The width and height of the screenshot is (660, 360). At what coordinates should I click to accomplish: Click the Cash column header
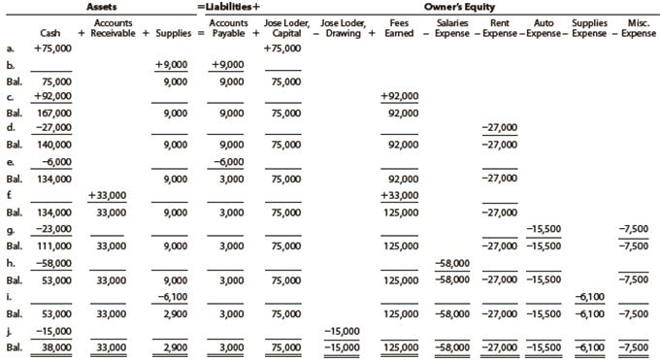click(49, 33)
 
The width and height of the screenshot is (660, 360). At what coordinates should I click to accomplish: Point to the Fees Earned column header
click(398, 27)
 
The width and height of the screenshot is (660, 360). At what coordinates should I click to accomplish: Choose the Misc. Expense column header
click(637, 27)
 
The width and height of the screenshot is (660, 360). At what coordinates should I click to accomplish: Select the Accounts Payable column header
click(229, 27)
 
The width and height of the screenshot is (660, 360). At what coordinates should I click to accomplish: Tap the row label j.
click(10, 330)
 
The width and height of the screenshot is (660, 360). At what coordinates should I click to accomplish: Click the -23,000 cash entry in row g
click(49, 228)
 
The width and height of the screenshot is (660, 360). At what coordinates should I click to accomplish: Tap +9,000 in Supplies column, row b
click(171, 64)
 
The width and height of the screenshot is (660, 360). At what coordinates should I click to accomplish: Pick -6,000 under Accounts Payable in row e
click(229, 161)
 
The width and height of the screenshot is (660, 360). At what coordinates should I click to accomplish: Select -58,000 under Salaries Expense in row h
click(452, 263)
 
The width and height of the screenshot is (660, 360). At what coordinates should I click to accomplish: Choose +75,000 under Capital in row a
click(282, 47)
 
